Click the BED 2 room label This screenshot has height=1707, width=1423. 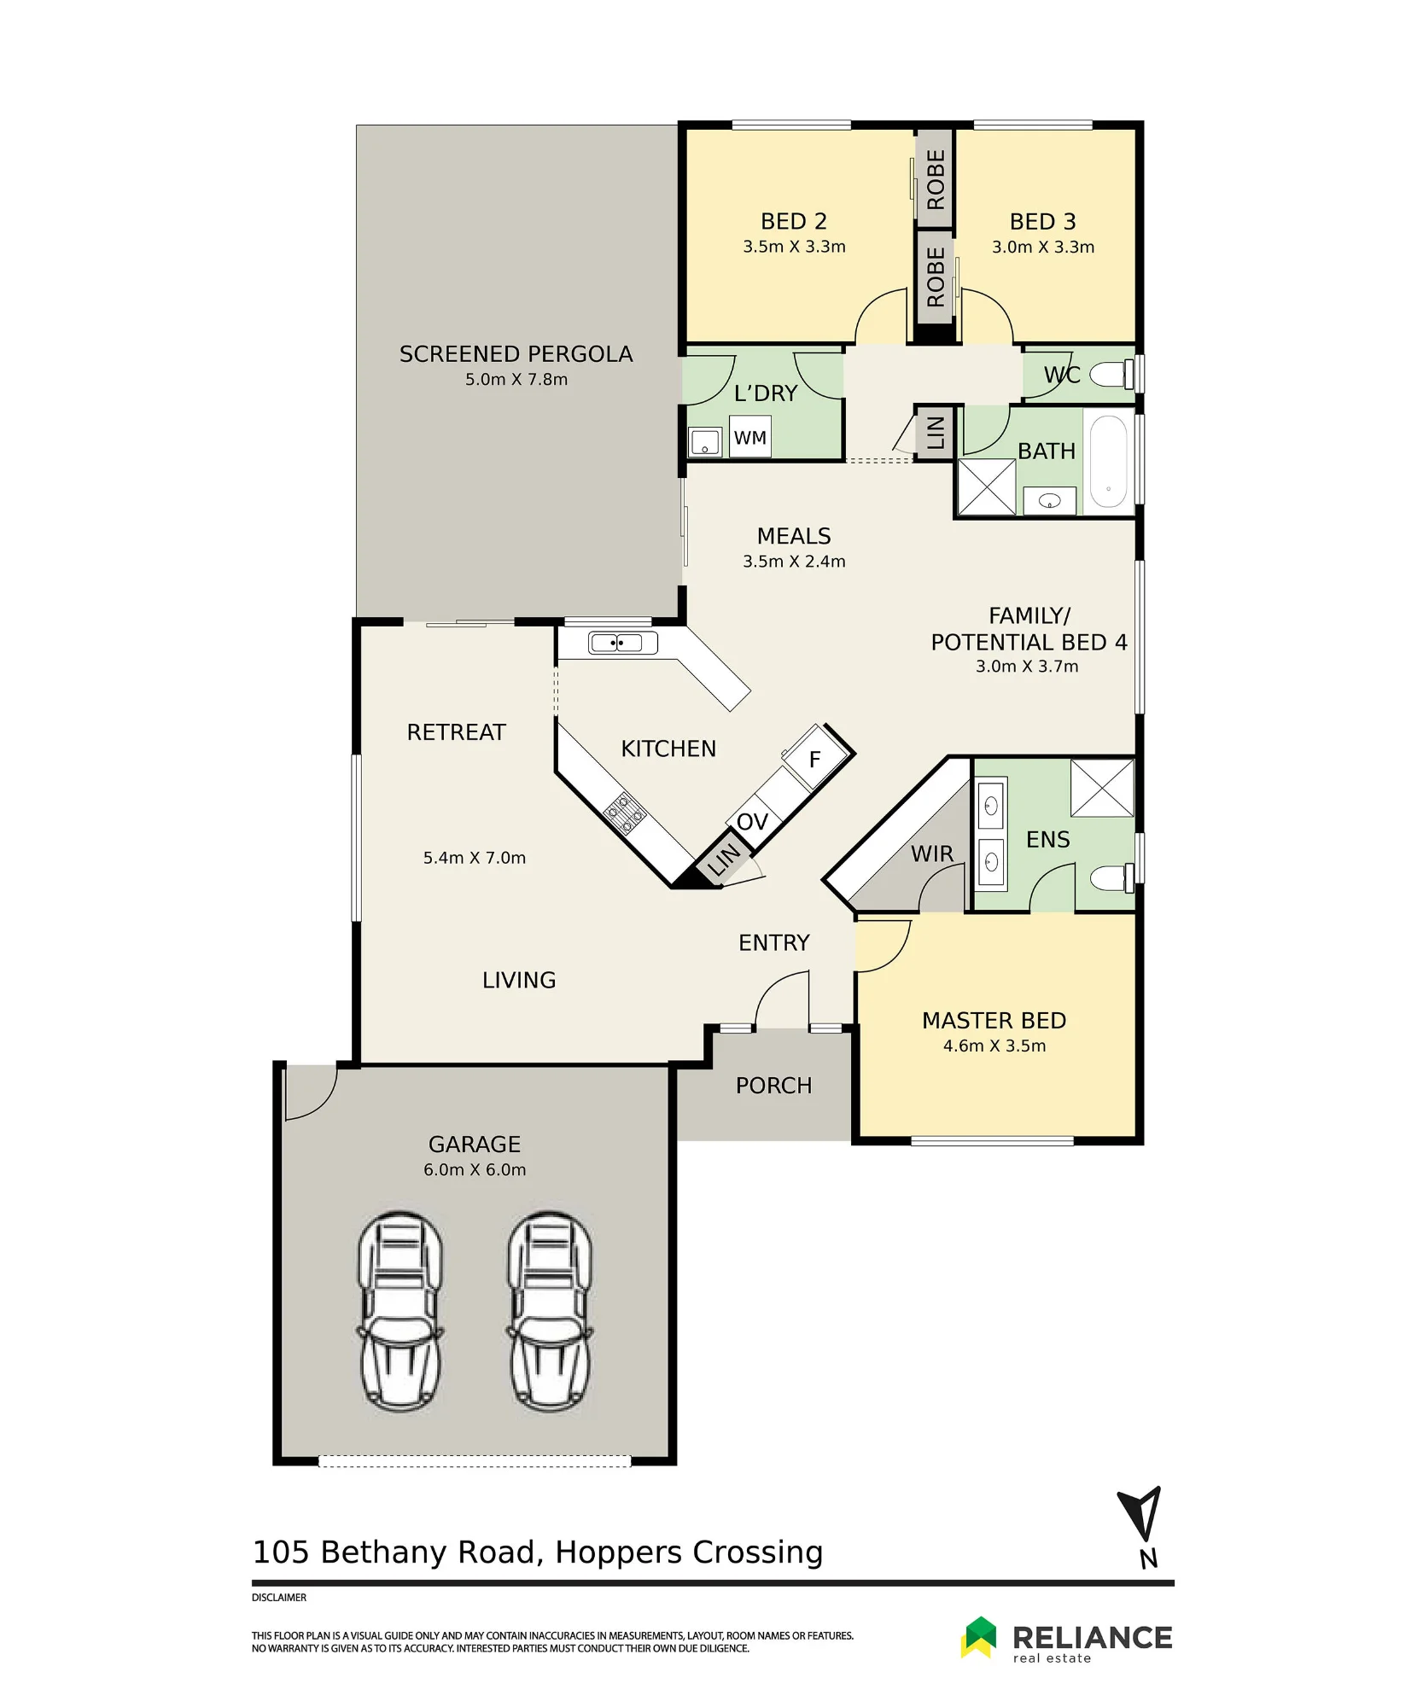pyautogui.click(x=794, y=222)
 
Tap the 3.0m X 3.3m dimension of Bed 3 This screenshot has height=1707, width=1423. pyautogui.click(x=1043, y=248)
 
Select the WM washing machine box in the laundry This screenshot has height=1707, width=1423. pyautogui.click(x=750, y=437)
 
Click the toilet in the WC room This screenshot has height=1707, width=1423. pyautogui.click(x=1111, y=374)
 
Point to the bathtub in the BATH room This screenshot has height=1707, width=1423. pyautogui.click(x=1109, y=461)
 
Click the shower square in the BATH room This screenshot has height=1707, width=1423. pyautogui.click(x=986, y=487)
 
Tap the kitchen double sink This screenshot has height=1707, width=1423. pyautogui.click(x=622, y=643)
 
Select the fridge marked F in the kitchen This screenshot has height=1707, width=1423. pyautogui.click(x=817, y=756)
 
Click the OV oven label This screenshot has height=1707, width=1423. pyautogui.click(x=752, y=822)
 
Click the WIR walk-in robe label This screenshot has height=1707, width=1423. pyautogui.click(x=932, y=853)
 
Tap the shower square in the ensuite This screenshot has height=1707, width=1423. pyautogui.click(x=1102, y=788)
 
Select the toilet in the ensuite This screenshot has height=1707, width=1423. pyautogui.click(x=1111, y=877)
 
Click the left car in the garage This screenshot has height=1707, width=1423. pyautogui.click(x=400, y=1312)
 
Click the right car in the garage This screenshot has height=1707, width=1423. pyautogui.click(x=551, y=1312)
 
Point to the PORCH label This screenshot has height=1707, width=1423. pyautogui.click(x=773, y=1086)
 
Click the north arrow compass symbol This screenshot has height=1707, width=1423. pyautogui.click(x=1140, y=1514)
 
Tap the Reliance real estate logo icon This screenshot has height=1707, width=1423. pyautogui.click(x=979, y=1637)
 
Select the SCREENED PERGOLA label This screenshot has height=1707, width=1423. pyautogui.click(x=516, y=354)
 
